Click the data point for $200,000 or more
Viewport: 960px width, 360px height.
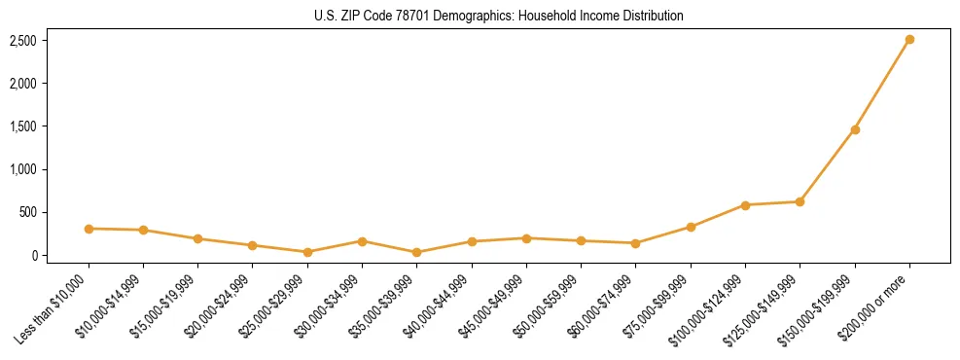pos(908,40)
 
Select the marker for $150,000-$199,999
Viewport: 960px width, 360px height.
pos(854,129)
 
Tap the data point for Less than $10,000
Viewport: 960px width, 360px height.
pos(89,229)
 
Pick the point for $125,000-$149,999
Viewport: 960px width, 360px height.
pos(800,201)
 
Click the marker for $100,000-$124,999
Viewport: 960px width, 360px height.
pos(745,205)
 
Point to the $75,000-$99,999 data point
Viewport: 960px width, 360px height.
pos(691,227)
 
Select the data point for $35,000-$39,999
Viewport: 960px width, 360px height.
pos(416,252)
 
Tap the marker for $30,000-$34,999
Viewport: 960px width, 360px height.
pos(362,241)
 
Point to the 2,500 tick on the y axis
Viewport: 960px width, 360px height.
pos(23,41)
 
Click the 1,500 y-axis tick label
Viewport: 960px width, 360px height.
pos(23,126)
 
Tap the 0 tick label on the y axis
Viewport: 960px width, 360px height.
pos(33,256)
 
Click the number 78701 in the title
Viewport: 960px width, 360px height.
pos(381,17)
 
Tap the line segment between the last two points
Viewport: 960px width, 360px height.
pos(881,85)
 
